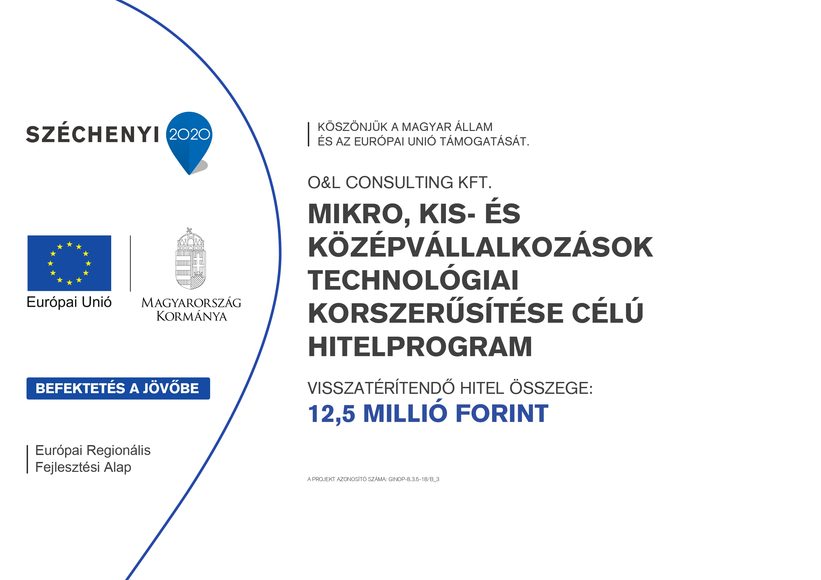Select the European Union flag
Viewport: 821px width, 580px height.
coord(69,263)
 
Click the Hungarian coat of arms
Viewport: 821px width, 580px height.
coord(191,259)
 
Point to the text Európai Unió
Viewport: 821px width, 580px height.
coord(69,302)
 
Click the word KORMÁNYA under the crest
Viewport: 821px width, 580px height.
coord(192,316)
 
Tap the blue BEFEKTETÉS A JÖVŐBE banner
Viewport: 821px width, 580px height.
coord(118,389)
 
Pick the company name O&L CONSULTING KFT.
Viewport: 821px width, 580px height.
coord(400,183)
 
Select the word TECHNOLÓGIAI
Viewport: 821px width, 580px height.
coord(413,280)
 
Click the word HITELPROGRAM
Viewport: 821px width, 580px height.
coord(420,347)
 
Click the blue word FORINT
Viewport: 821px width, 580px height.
coord(502,413)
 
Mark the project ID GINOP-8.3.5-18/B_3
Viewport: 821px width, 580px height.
coord(414,479)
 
